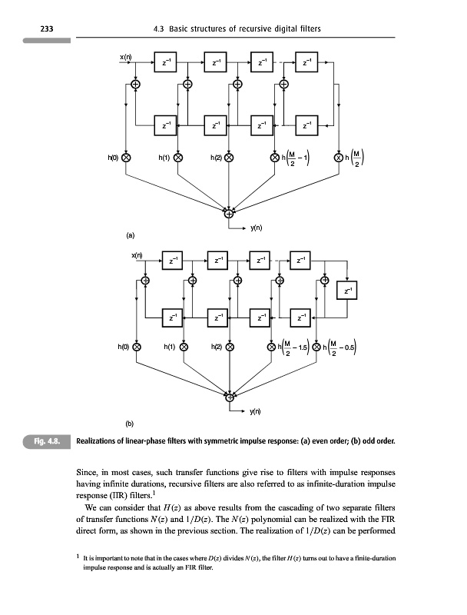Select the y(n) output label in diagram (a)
point(258,227)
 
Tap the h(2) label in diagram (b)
point(218,346)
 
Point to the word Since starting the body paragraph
point(91,472)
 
